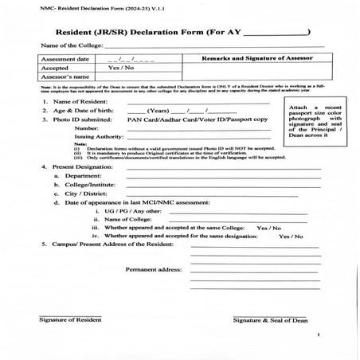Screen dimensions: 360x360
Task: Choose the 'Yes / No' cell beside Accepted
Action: click(x=119, y=68)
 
